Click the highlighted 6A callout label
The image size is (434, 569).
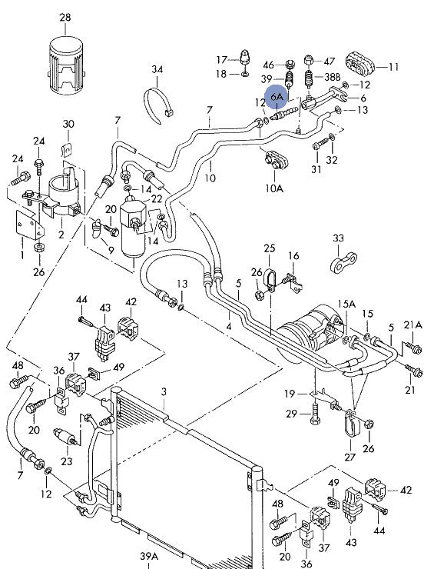coord(277,97)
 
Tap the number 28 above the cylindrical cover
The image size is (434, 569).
coord(65,17)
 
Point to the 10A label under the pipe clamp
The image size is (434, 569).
coord(274,188)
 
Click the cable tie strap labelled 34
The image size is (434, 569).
coord(158,105)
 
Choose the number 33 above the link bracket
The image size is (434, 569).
coord(338,238)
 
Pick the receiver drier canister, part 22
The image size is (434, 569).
coord(133,228)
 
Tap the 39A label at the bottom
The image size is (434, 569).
coord(149,556)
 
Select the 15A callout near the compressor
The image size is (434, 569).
coord(346,304)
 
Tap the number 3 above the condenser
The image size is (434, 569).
coord(164,392)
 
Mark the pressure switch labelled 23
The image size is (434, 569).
coord(65,437)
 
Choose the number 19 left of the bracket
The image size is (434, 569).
coord(290,394)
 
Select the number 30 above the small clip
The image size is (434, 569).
coord(68,124)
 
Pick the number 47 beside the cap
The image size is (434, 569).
coord(329,62)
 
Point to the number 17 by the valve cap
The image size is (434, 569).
coord(221,59)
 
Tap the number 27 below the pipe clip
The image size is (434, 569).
coord(350,457)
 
